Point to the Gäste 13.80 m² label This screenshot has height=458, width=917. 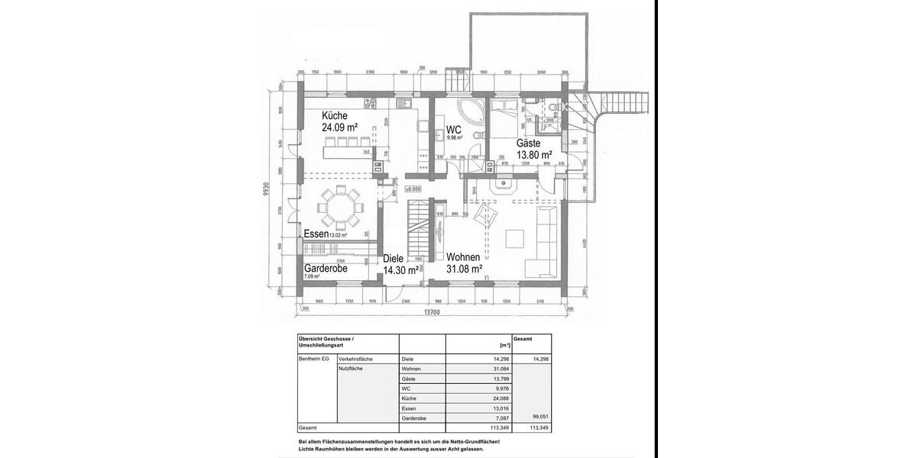pos(534,149)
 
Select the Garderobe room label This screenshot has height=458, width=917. pos(326,269)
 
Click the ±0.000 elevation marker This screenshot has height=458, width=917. pos(413,188)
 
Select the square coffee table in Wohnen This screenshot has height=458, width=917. pos(514,240)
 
